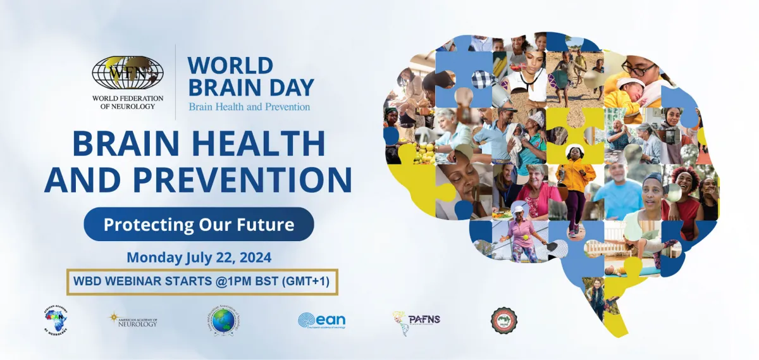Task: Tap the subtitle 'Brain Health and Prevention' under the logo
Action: tap(249, 106)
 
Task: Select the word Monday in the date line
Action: tap(152, 258)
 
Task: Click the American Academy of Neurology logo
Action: tap(133, 320)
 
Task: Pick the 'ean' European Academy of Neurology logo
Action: tap(321, 320)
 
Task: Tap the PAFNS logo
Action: tap(416, 320)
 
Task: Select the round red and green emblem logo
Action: tap(503, 320)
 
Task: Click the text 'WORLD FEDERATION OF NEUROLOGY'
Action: tap(128, 102)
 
